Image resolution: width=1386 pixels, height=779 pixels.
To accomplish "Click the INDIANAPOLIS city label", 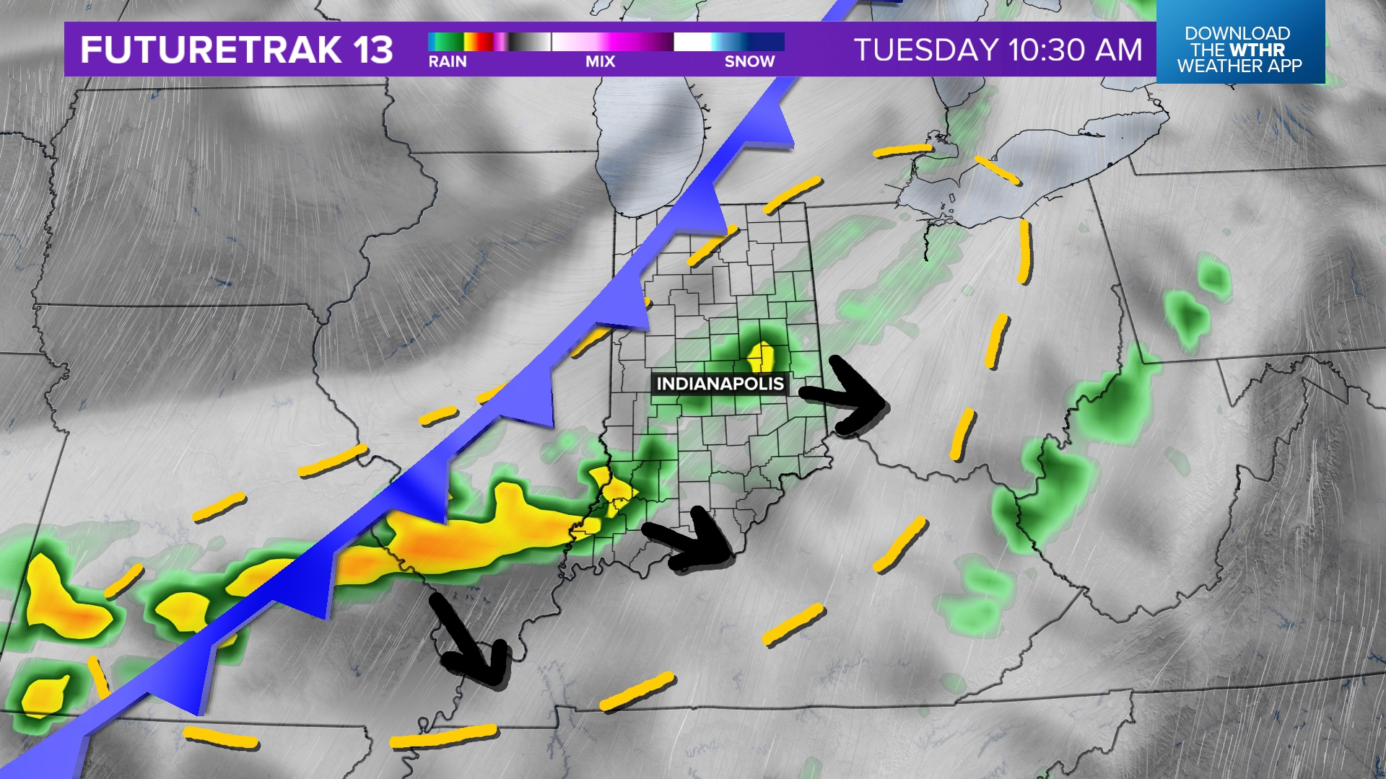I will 720,384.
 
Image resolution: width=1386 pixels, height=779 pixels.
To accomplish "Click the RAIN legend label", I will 448,62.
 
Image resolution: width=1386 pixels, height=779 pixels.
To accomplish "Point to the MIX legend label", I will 600,62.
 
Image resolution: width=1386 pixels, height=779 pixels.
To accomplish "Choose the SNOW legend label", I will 749,62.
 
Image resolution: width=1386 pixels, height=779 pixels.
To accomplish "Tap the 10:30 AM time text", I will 1076,50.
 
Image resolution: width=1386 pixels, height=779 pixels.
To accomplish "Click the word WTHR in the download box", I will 1258,50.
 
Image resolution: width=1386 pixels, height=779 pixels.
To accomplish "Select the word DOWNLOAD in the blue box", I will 1237,33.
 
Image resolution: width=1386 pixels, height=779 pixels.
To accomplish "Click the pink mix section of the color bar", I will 614,42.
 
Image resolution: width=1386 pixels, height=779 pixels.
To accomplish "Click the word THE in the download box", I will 1206,50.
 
